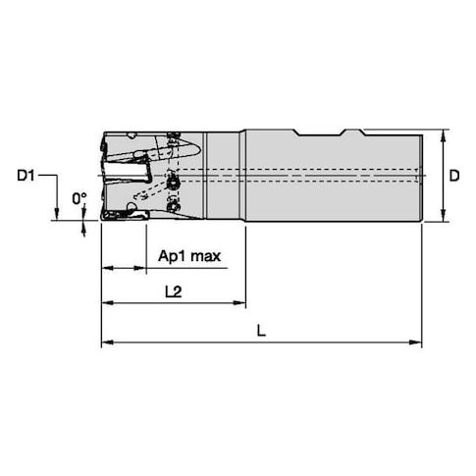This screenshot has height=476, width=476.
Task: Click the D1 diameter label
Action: point(26,176)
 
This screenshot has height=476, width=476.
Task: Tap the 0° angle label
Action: point(79,198)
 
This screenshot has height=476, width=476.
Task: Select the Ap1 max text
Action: point(189,256)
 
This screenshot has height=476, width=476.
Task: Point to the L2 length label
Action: point(173,291)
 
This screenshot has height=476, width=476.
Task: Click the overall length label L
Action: point(261,331)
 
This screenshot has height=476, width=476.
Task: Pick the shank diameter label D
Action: point(454,176)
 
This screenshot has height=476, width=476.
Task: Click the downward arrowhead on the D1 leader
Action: point(57,213)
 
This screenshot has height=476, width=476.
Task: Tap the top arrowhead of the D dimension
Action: point(444,135)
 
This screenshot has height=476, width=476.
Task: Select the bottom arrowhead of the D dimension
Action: point(444,216)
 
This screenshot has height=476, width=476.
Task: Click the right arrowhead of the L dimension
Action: point(415,343)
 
